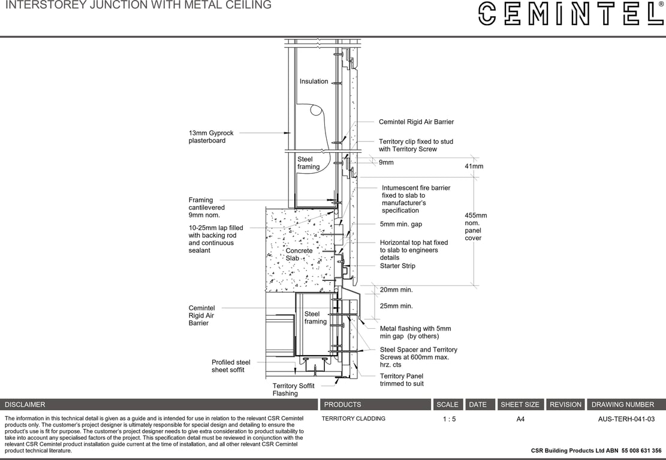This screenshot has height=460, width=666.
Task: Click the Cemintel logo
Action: [571, 13]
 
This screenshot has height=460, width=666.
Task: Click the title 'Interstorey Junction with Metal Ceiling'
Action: [138, 5]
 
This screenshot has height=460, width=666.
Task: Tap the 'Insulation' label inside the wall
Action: [314, 81]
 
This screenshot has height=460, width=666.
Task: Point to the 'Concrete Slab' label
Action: [299, 255]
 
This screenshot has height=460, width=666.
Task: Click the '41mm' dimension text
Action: [474, 167]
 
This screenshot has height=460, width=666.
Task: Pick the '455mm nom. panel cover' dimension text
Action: [475, 226]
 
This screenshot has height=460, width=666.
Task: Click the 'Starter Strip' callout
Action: [397, 266]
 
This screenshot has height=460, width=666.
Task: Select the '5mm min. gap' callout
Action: [400, 224]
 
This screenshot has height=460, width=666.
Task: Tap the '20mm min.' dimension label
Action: [396, 290]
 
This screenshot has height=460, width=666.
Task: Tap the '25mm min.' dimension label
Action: [396, 306]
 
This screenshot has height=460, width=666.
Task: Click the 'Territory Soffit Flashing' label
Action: [293, 390]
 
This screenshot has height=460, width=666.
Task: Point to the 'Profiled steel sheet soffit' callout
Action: [231, 366]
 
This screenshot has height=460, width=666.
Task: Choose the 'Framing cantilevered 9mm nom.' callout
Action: [206, 207]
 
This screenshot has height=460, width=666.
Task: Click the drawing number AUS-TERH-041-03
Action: [626, 419]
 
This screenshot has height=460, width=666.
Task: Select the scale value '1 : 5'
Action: [449, 419]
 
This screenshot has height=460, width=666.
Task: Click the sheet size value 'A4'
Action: [520, 419]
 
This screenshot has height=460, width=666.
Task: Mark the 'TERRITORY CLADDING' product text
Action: [353, 419]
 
